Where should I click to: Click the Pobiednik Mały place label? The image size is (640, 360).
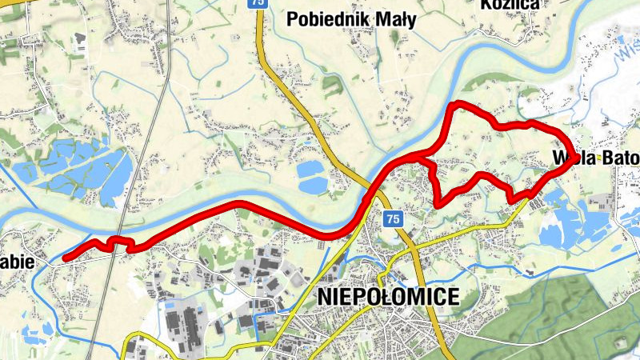350,20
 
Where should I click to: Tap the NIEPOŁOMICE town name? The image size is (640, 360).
388,297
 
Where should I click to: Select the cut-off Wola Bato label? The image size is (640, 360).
596,159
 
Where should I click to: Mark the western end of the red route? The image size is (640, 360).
64,258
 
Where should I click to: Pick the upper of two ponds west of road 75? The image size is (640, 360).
310,170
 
